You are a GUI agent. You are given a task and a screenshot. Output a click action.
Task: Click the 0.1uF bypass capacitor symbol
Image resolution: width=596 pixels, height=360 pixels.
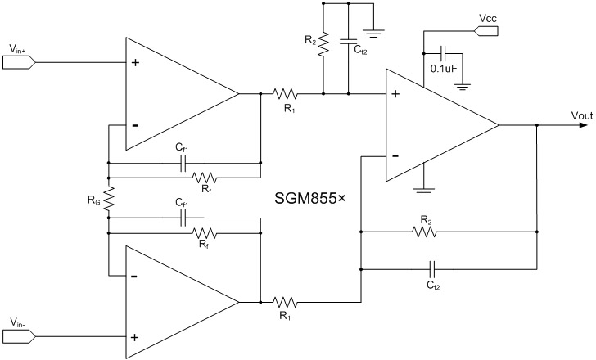(443, 54)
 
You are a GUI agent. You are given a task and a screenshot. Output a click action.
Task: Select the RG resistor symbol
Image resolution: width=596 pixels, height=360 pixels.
(107, 199)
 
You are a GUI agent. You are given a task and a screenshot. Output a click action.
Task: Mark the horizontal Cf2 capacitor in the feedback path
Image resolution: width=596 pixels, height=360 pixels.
(434, 268)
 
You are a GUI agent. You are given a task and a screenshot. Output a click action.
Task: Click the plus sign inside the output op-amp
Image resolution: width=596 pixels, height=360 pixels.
(395, 95)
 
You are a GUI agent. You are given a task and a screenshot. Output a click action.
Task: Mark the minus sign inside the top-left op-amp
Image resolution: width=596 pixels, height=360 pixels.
(135, 126)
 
